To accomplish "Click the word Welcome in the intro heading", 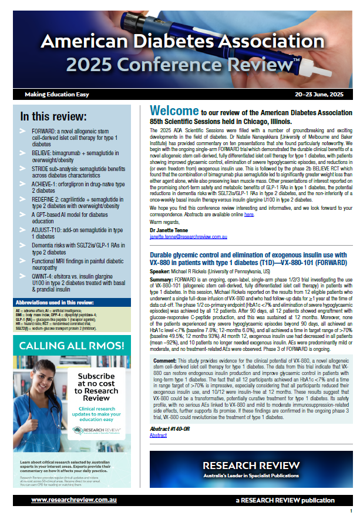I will pos(174,111).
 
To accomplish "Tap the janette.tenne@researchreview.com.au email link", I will pos(187,237).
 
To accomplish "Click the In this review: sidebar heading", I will pos(53,116).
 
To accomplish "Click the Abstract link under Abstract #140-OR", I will pos(159,435).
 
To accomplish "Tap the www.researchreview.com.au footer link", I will pos(68,500).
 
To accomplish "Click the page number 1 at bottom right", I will pos(351,511).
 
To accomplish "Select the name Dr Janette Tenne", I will pos(169,230).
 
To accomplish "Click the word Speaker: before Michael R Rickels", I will pos(162,273).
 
